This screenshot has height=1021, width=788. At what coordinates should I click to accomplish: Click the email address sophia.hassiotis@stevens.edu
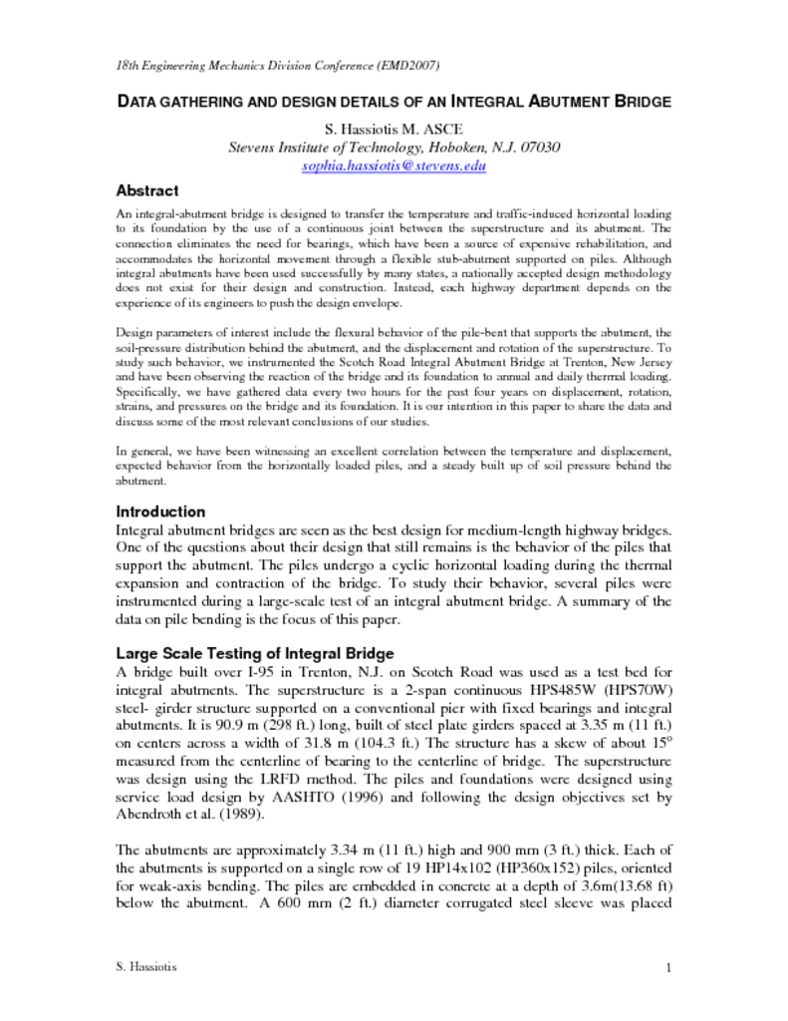(394, 166)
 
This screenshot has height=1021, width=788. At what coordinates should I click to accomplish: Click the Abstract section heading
(147, 190)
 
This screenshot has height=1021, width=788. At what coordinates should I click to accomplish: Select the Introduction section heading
(161, 511)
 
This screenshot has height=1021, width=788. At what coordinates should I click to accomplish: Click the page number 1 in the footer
(669, 968)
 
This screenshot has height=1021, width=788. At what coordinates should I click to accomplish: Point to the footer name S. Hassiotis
(147, 968)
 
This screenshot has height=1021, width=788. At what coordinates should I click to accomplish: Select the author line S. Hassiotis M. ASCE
(394, 130)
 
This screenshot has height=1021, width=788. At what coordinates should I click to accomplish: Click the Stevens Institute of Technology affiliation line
(394, 148)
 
